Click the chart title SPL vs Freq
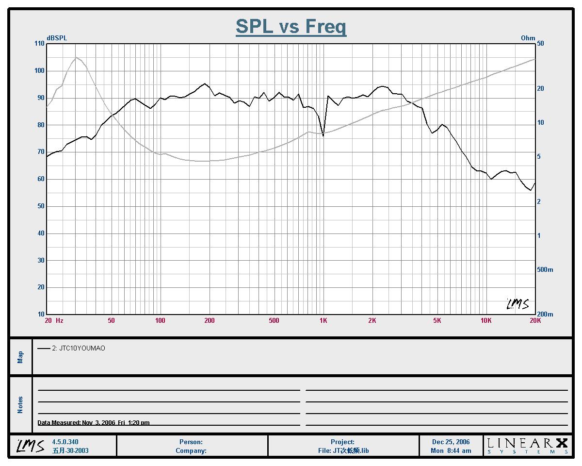click(291, 26)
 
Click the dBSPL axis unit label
click(57, 38)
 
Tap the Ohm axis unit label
click(528, 38)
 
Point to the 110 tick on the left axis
click(38, 44)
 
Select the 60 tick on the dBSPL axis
click(40, 179)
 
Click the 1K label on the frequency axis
click(323, 321)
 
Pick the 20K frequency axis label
click(535, 321)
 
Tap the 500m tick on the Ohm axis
click(545, 270)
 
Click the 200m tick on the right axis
click(545, 315)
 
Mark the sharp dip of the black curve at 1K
click(323, 135)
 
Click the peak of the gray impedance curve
click(76, 58)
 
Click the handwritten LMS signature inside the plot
click(517, 304)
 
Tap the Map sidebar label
click(20, 357)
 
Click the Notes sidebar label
click(20, 405)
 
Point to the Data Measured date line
click(94, 423)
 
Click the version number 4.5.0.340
click(65, 442)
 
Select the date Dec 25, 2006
click(451, 442)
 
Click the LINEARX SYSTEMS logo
click(527, 446)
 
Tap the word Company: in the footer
click(191, 450)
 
